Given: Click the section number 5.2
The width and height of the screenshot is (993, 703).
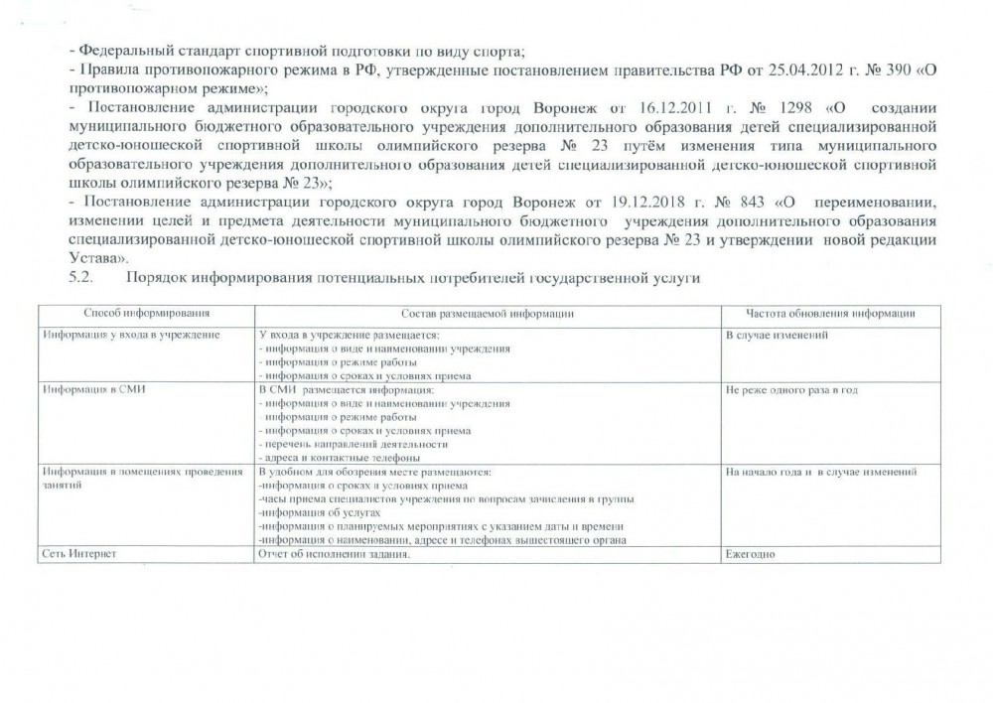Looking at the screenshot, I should point(81,279).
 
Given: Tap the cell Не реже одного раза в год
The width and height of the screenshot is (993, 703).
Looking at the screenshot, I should point(791,390).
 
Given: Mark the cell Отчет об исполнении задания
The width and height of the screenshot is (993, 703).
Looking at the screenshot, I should point(334,554).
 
